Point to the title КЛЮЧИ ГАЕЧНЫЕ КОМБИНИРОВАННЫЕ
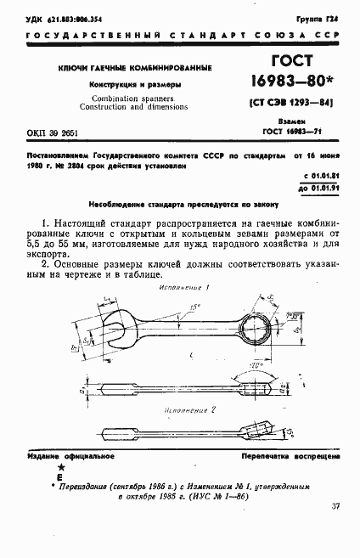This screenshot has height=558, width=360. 134,67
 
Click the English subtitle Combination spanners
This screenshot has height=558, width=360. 133,99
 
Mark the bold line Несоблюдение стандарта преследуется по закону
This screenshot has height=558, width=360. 179,205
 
